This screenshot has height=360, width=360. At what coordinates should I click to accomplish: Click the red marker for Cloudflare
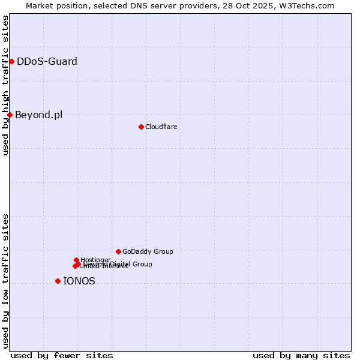point(141,127)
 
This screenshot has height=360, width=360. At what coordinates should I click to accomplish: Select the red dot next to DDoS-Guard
point(11,61)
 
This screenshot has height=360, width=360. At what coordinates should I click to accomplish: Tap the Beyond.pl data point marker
point(10,115)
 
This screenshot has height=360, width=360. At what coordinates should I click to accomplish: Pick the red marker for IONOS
point(58,281)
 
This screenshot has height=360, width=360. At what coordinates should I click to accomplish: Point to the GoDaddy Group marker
point(118,251)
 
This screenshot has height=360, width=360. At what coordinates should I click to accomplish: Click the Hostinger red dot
point(76,260)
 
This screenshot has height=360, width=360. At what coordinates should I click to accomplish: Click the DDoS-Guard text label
point(47,61)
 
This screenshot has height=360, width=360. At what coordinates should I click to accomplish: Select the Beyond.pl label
point(38,115)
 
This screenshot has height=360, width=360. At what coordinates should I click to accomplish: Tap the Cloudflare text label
point(161,127)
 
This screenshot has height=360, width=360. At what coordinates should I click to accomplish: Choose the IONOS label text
point(79,281)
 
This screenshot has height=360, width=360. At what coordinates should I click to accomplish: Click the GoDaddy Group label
point(148,251)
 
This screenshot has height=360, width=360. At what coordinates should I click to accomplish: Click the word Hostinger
point(95,260)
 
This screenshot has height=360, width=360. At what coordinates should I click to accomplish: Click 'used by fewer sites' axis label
point(62,355)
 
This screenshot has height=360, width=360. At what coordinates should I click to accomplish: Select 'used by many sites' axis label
point(301,355)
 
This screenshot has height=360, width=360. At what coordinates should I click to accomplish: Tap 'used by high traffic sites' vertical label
point(5,85)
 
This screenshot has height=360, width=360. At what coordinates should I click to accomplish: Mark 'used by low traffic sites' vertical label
point(5,281)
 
